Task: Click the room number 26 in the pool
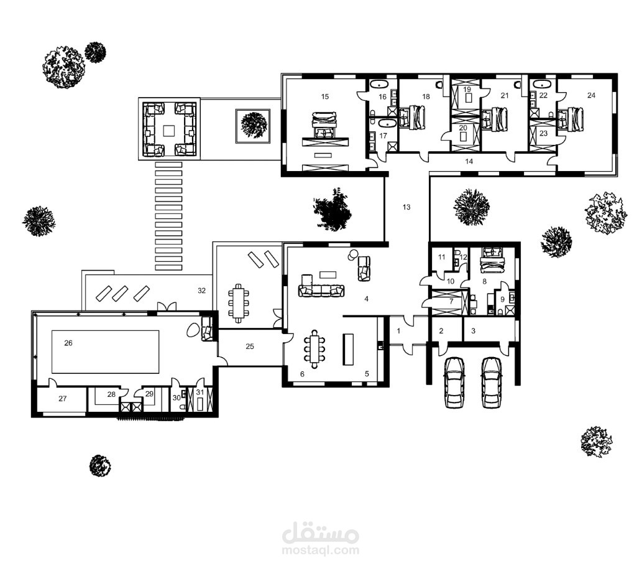68,343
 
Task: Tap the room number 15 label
324,96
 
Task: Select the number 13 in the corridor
406,207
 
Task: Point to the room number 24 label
590,95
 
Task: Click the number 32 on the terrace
201,291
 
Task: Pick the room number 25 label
250,346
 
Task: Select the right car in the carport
491,381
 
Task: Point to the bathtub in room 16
380,85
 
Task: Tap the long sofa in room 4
321,290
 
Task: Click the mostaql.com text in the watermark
321,550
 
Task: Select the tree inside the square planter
253,125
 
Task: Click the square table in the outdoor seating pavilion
169,131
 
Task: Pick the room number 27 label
62,399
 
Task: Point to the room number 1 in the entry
399,330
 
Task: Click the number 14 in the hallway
469,161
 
